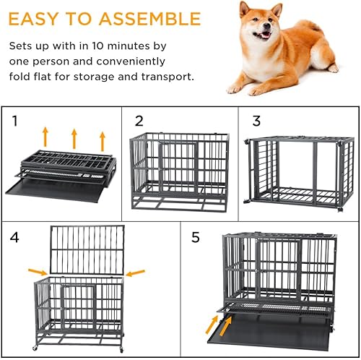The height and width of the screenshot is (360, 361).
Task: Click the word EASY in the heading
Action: point(38,18)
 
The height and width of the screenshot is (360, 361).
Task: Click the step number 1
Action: point(14,121)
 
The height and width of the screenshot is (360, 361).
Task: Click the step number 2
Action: point(139,121)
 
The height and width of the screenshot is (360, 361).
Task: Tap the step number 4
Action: point(16,236)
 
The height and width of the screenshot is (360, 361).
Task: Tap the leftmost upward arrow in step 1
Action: point(45,136)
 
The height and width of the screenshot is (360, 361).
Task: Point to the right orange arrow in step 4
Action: point(135,273)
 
